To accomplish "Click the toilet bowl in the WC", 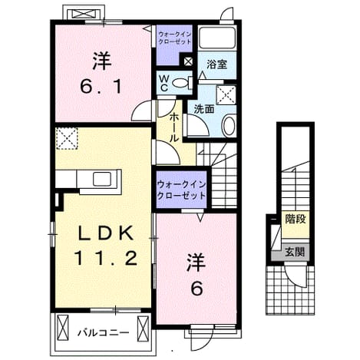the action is pos(180,83).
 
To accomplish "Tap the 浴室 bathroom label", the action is pos(216,64).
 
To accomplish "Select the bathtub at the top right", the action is pos(217,38).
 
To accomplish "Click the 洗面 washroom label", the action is pos(204,109).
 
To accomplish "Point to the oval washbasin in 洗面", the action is pos(229,126).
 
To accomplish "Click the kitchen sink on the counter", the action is pos(102,179).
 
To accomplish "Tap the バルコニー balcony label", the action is pos(104,333).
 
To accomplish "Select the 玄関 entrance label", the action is pos(295,253).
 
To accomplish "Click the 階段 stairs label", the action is pos(296,219).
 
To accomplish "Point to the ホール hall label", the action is pos(174,128).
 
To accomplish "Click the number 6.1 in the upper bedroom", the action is pos(101,87).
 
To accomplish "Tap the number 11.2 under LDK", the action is pos(106,258).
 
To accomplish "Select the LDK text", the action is pos(106,233).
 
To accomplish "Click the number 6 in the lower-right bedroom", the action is pos(197,288).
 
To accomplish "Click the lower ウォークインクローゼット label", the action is pos(181,190).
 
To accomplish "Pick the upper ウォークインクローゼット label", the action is pos(174,38).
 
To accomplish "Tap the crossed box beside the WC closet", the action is pos(188,61).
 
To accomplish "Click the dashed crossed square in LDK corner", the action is pos(67,138).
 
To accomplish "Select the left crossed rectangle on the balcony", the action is pos(63,328).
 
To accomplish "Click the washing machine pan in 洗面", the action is pos(226,95).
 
